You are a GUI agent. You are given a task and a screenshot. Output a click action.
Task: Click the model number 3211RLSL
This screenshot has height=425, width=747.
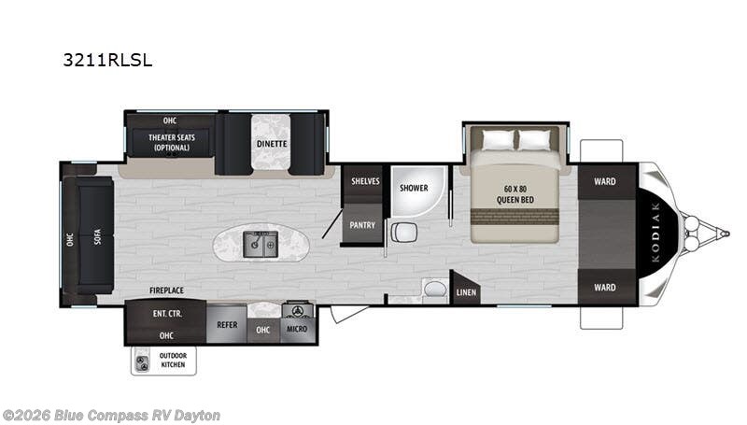[x=107, y=60]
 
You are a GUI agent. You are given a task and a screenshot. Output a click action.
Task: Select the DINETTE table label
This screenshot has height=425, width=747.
[x=272, y=144]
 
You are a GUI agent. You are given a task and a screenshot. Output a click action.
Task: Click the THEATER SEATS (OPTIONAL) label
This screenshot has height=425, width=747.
[x=172, y=143]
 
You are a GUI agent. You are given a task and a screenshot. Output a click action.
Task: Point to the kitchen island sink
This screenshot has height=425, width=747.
[x=261, y=244]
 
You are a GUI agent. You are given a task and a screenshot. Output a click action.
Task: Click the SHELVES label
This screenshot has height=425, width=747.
[x=365, y=181]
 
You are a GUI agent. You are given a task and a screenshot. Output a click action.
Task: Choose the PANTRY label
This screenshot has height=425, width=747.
[x=362, y=225]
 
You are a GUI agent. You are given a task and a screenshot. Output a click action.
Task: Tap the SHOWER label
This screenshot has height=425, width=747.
[x=414, y=188]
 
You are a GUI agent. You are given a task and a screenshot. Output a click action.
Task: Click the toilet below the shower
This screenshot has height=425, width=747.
[x=404, y=233]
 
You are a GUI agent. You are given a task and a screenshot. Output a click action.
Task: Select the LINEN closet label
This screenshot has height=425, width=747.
[x=466, y=292]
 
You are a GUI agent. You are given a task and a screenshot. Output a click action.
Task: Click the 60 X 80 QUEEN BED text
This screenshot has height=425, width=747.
[x=515, y=194]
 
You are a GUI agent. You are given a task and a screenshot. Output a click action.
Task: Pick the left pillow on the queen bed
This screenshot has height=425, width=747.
[x=499, y=140]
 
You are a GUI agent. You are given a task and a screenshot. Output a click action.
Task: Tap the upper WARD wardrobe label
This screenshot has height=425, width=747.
[x=604, y=181]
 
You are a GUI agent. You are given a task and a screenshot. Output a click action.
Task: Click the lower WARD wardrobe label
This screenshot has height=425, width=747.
[x=604, y=288]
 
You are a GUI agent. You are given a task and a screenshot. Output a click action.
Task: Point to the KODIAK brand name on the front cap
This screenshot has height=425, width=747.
[x=655, y=233]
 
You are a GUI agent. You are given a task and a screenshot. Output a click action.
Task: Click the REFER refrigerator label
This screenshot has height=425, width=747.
[x=227, y=324]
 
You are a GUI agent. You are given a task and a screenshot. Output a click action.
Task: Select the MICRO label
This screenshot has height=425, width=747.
[x=297, y=329]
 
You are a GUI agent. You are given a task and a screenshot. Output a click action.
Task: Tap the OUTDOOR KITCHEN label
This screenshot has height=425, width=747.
[x=173, y=361]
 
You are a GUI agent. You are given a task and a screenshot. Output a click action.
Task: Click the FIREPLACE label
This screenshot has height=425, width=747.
[x=166, y=290]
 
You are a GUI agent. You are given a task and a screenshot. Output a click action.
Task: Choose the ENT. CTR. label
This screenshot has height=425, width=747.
[x=167, y=314]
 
